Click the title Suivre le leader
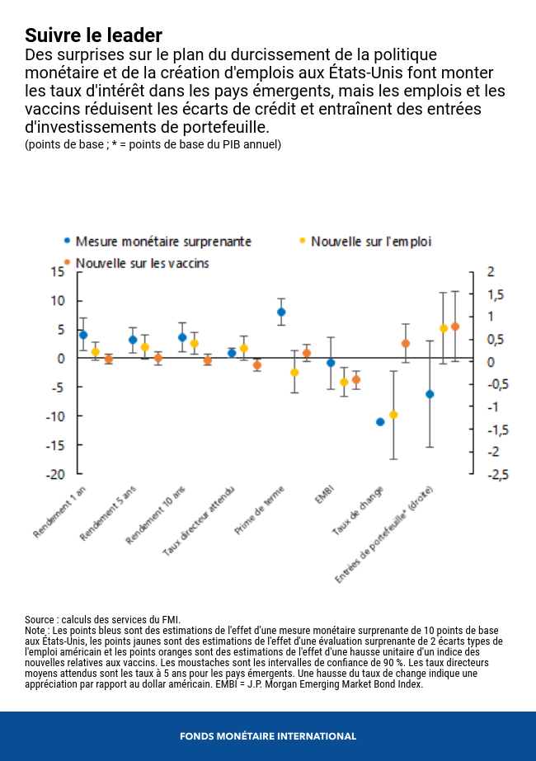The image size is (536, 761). pos(93,35)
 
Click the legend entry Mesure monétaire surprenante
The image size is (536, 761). pos(163,242)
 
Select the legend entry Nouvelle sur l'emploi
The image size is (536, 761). pos(370,242)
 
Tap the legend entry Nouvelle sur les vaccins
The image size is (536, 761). pos(142,263)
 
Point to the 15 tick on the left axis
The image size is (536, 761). pos(58,271)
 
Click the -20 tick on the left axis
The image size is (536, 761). pos(55,474)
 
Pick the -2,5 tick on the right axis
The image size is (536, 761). pos(497,474)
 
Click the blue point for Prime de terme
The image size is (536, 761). pos(281,312)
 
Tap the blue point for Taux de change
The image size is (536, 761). pos(380,421)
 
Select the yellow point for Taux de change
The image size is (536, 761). pos(393,415)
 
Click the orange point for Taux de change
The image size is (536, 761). pos(406,343)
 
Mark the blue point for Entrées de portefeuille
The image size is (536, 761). pos(430,394)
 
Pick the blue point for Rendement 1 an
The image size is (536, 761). pos(83,335)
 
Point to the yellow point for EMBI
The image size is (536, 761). pos(344,382)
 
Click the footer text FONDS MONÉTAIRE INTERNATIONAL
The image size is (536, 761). pos(268,736)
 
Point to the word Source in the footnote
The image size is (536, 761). pos(40,619)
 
